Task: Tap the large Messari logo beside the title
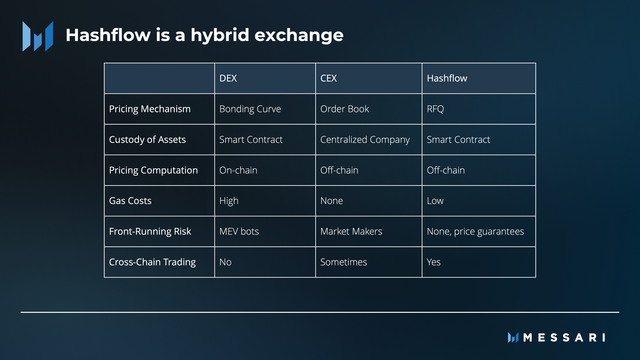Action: pos(38,36)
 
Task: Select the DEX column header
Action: pos(228,78)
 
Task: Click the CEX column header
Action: pos(328,78)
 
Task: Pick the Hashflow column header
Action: pos(447,78)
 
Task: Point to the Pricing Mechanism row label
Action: pos(150,109)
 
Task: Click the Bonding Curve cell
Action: pos(250,109)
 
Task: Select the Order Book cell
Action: pos(345,109)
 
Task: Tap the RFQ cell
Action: pos(435,109)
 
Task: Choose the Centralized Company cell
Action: pos(365,140)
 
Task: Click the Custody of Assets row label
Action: pos(147,140)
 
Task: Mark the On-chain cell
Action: pos(238,170)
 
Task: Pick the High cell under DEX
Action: pos(229,201)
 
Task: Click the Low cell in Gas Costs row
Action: pos(435,201)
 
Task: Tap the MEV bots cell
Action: pos(239,232)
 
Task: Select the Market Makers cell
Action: pos(351,232)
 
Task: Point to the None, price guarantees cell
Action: pos(475,232)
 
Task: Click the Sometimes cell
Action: pos(344,262)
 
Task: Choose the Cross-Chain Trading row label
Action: pos(152,262)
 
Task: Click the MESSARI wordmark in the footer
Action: pos(564,338)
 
